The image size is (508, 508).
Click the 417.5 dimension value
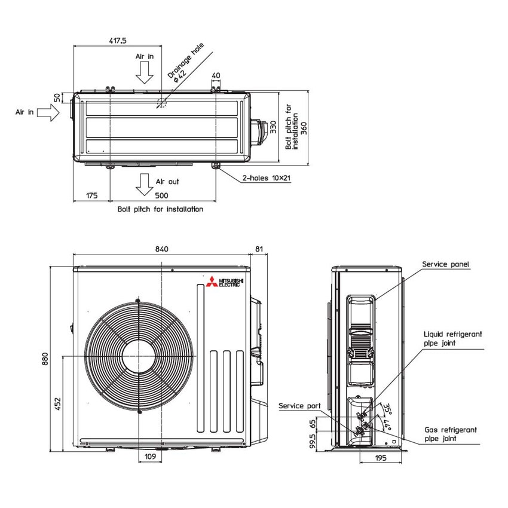tap(117, 41)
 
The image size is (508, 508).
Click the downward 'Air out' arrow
tap(143, 185)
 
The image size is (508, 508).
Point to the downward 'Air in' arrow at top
tap(144, 72)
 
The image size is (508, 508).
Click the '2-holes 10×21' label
tap(267, 178)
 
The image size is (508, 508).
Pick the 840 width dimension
tap(161, 249)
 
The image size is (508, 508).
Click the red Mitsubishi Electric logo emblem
tap(211, 283)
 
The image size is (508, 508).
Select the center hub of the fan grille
tap(138, 356)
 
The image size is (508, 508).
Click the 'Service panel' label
tap(445, 264)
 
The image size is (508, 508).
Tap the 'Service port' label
tap(299, 406)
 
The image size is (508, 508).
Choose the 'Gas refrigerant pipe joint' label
tap(450, 434)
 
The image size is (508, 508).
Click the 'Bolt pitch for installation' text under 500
tap(160, 209)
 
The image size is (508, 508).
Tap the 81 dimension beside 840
tap(258, 249)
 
